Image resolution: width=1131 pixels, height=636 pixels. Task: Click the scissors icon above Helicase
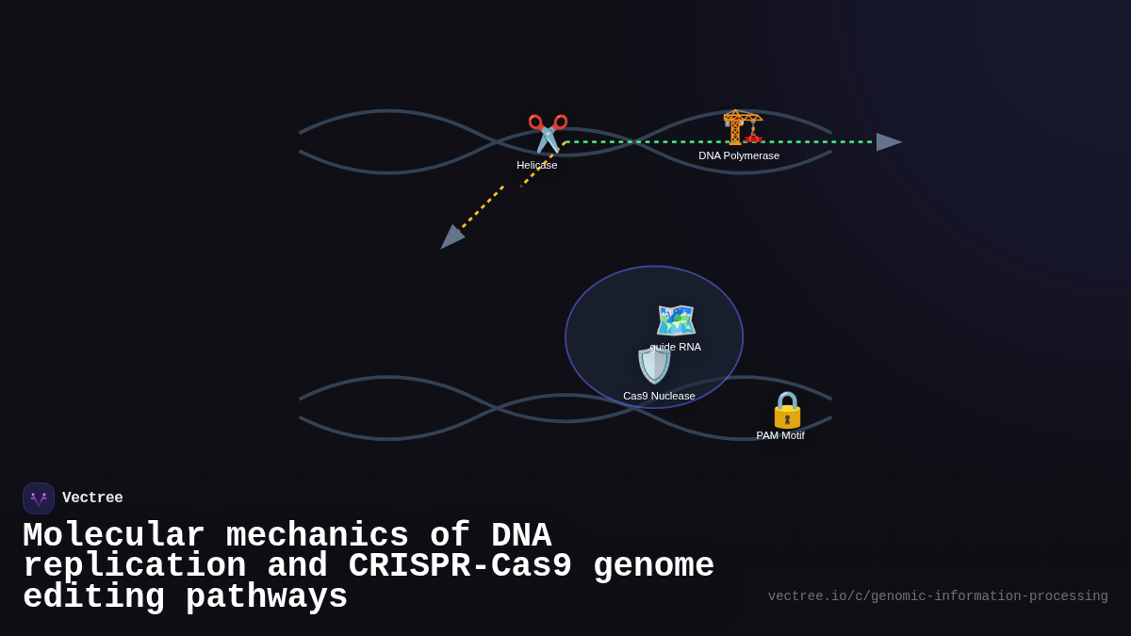tap(548, 133)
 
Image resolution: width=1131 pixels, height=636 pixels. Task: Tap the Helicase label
tap(536, 165)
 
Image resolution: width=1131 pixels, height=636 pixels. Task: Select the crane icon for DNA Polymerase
tap(742, 127)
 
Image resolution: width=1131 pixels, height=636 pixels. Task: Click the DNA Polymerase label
tap(739, 155)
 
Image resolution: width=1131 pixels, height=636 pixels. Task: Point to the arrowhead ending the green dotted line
tap(888, 142)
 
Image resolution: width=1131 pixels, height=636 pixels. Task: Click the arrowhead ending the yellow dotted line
tap(451, 237)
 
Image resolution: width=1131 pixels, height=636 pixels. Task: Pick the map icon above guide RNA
tap(676, 320)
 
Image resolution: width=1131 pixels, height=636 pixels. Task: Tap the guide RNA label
tap(676, 347)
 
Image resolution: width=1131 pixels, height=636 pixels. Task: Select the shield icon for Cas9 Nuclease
tap(654, 366)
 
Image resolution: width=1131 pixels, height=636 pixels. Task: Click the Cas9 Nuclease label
tap(659, 396)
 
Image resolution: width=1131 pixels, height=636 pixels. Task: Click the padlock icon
tap(787, 410)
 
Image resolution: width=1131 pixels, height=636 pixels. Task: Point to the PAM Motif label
tap(780, 435)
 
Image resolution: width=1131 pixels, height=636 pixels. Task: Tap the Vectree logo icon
tap(39, 498)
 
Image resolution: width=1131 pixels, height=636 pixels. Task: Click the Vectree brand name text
tap(92, 498)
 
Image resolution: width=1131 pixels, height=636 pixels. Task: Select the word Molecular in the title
tap(114, 535)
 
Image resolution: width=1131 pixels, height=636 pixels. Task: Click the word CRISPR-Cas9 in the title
tap(460, 566)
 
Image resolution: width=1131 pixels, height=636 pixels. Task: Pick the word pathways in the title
tap(267, 597)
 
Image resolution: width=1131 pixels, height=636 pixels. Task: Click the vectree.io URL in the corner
tap(938, 596)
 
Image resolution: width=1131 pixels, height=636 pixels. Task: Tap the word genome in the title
tap(653, 566)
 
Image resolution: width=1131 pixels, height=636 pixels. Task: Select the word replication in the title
tap(135, 566)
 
